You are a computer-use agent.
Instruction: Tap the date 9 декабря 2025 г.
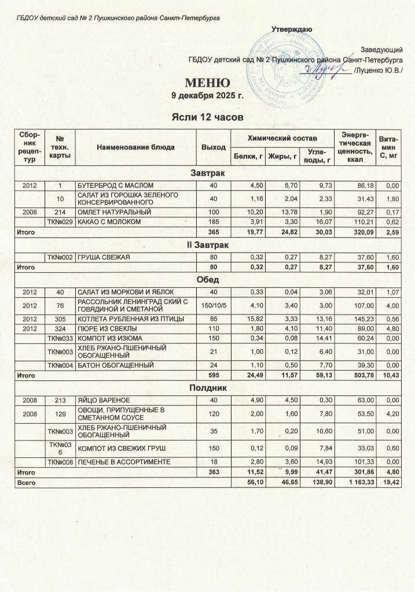(207, 95)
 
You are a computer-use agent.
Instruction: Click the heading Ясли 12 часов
(207, 117)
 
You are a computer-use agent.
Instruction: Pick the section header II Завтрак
(207, 246)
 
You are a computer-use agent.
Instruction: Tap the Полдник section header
(207, 388)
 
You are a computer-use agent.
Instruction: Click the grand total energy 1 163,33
(354, 481)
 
